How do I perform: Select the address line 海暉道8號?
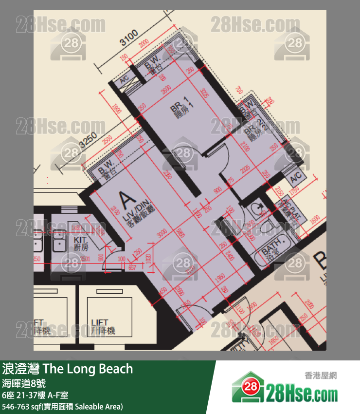click(24, 383)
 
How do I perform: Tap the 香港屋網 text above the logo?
click(321, 376)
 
